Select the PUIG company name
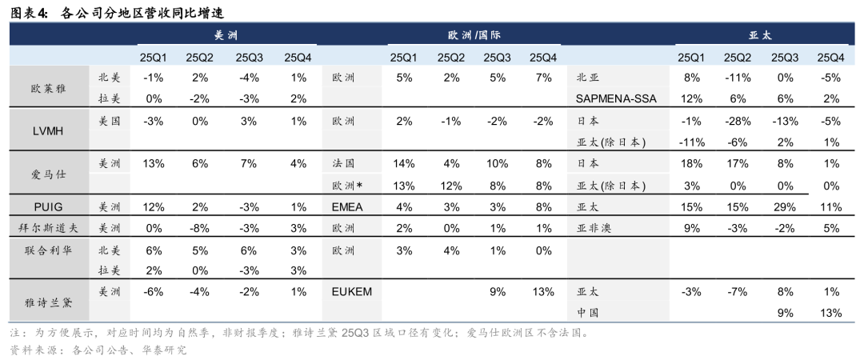[49, 206]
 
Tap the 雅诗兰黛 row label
[49, 302]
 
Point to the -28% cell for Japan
[737, 122]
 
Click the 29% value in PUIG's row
[784, 206]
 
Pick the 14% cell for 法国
[404, 163]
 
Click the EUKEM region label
[353, 292]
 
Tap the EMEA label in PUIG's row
[348, 206]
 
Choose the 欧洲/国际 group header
[474, 35]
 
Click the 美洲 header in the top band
[226, 35]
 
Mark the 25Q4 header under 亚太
[831, 57]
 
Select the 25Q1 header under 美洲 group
[154, 57]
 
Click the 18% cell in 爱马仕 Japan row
[690, 163]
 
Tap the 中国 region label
[588, 313]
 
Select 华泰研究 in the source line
[163, 350]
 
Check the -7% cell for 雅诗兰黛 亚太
[737, 292]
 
